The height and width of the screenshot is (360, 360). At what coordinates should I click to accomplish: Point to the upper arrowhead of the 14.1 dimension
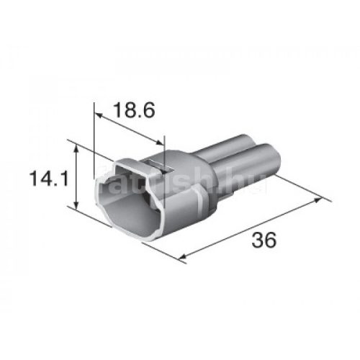tap(77, 146)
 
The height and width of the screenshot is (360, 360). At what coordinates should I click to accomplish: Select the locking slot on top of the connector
tap(160, 169)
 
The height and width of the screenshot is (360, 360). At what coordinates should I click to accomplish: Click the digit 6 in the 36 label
tap(272, 241)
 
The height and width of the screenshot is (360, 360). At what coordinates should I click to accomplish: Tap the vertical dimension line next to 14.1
tap(77, 176)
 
